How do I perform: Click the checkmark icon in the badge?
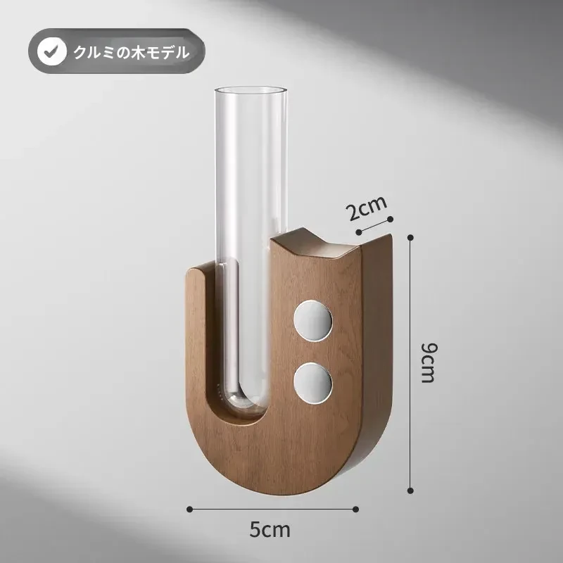[x=51, y=51]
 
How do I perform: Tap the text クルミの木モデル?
[x=132, y=52]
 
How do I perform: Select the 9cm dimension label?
[x=429, y=362]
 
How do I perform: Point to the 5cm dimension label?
[x=270, y=530]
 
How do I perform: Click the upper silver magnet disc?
[x=313, y=321]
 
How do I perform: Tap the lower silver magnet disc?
[x=313, y=383]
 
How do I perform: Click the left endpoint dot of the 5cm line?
[x=189, y=509]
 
